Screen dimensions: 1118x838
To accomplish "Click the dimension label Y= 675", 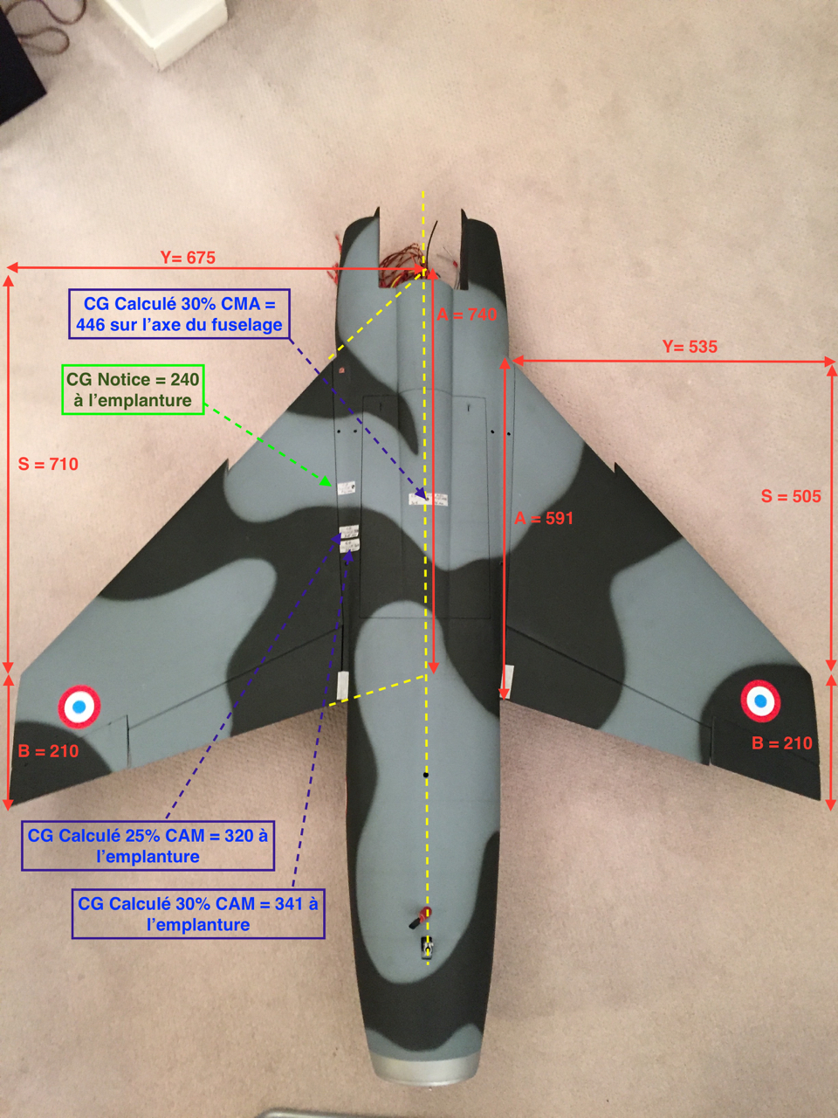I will click(x=188, y=258).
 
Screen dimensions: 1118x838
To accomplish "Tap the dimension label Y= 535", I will click(x=690, y=347).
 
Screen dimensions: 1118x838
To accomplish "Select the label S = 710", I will click(x=49, y=464).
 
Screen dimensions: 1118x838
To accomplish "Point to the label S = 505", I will click(x=791, y=496).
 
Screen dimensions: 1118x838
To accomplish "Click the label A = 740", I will click(x=466, y=314).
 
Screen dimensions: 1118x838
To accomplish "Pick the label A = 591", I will click(x=544, y=518).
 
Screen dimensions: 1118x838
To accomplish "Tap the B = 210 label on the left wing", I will click(x=48, y=751).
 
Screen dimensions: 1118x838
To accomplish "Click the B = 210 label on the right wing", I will click(x=782, y=743).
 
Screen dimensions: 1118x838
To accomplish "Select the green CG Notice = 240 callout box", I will click(x=134, y=390).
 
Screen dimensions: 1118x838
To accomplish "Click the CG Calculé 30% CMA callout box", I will click(x=179, y=314).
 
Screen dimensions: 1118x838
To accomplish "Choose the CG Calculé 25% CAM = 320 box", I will click(x=148, y=846).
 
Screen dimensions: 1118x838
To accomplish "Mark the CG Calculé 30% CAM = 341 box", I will click(x=198, y=914).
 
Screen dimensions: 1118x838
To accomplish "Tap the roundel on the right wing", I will click(x=760, y=700).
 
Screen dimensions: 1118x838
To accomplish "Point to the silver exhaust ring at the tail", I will click(x=426, y=1067).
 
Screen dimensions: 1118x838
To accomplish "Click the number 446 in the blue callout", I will click(x=93, y=325).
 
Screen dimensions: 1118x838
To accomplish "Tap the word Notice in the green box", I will click(x=120, y=380).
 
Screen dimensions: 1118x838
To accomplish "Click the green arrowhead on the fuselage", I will click(x=326, y=481).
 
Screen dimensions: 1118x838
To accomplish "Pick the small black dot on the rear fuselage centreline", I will click(x=426, y=775).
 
